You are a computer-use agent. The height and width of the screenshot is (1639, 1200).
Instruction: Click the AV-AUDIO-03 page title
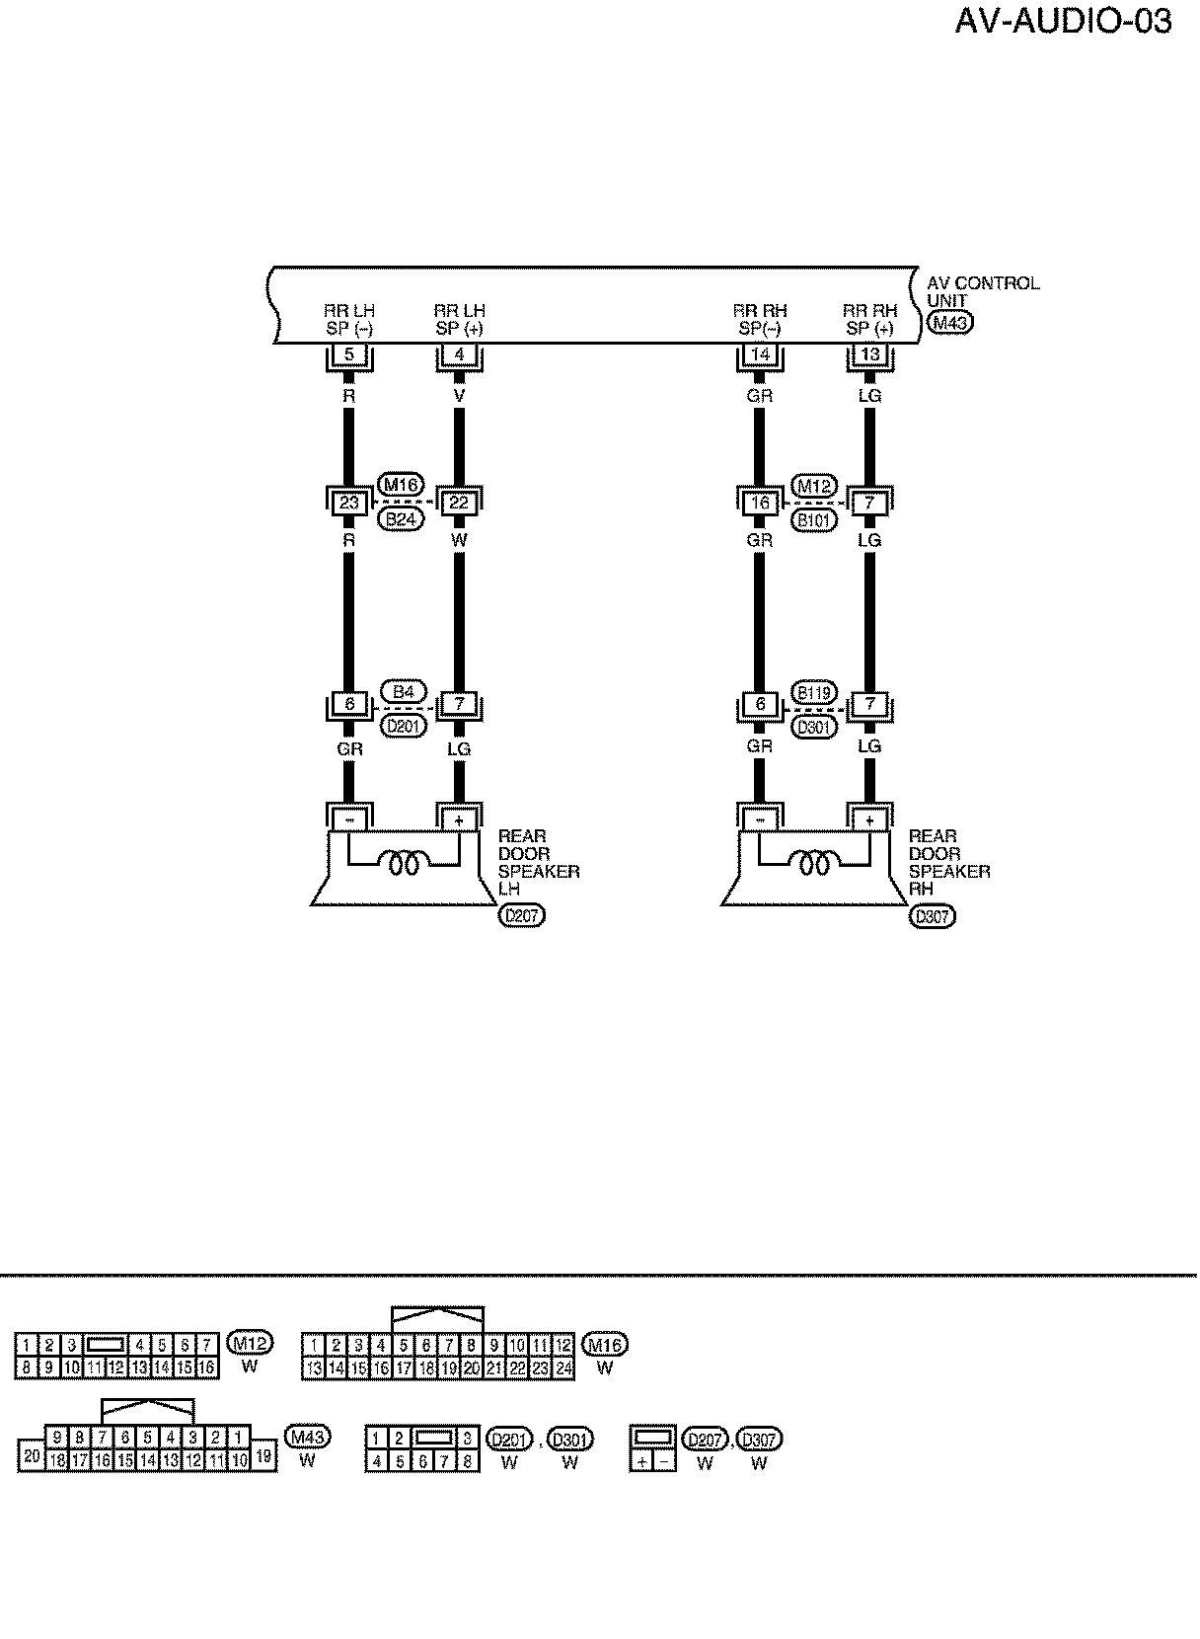(1063, 21)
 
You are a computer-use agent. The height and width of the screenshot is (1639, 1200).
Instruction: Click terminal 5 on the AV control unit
(348, 354)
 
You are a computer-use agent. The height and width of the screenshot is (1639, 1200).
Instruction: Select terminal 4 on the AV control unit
(459, 354)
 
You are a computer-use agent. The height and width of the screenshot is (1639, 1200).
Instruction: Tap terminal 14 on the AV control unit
(759, 354)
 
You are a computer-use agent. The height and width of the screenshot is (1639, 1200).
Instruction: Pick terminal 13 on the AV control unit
(869, 354)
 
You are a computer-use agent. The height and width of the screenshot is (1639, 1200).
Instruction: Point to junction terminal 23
(348, 503)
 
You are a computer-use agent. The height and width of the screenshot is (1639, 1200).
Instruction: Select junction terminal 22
(459, 503)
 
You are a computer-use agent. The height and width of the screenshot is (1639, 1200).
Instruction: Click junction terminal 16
(759, 503)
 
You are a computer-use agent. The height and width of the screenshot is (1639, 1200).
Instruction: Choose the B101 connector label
(814, 519)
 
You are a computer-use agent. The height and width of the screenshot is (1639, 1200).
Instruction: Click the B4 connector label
(403, 692)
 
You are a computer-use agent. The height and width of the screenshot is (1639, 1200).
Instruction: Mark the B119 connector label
(814, 692)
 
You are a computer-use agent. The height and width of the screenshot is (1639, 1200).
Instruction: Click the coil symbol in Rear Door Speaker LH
(405, 866)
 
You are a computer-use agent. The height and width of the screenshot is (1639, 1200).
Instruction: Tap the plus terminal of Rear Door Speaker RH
(869, 820)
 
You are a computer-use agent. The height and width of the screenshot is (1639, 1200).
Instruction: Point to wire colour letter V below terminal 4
(459, 396)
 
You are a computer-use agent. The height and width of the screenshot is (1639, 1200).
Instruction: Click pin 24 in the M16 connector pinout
(564, 1368)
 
